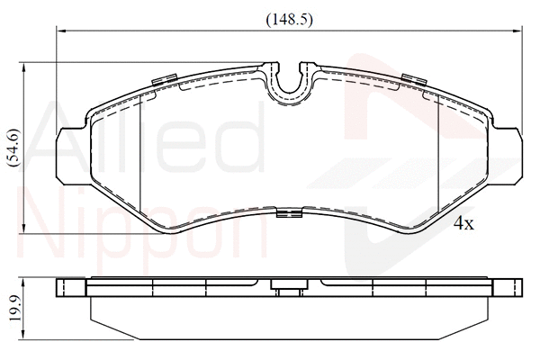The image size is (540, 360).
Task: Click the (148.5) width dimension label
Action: tap(289, 20)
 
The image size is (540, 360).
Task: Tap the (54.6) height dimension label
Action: tap(14, 148)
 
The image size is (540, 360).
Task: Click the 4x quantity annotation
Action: tap(463, 224)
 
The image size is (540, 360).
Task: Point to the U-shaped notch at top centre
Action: tap(289, 89)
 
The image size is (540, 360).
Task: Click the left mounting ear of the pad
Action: tap(69, 156)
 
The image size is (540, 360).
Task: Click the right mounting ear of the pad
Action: tap(506, 156)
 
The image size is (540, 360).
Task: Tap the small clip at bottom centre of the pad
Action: tap(289, 212)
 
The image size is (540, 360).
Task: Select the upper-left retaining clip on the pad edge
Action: tap(165, 79)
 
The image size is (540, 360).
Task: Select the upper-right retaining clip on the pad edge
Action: tap(414, 79)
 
